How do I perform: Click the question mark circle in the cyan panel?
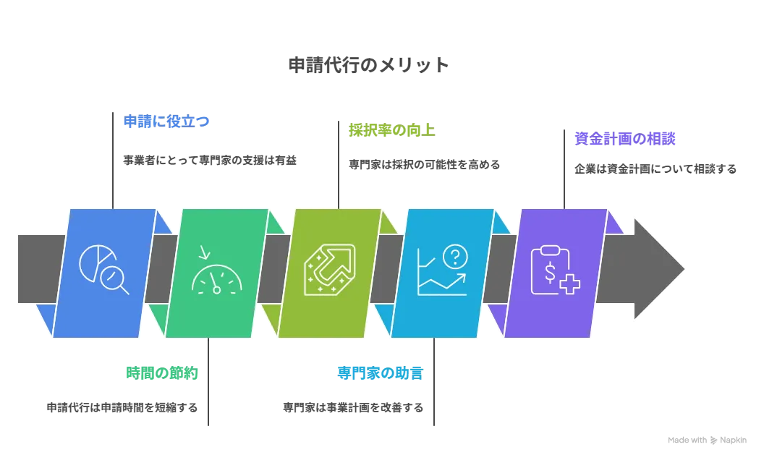click(455, 255)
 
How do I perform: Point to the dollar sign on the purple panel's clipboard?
click(551, 273)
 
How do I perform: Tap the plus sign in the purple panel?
click(569, 284)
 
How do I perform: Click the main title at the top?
click(368, 66)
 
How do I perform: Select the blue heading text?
click(166, 121)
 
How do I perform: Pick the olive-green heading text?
click(394, 131)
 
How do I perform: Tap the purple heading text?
click(625, 139)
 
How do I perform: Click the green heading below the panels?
click(162, 374)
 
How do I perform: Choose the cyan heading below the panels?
click(379, 374)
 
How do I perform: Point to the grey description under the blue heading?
click(211, 159)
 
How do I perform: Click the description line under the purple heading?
click(657, 169)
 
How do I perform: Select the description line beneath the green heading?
click(122, 408)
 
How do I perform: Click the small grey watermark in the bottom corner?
click(705, 439)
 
